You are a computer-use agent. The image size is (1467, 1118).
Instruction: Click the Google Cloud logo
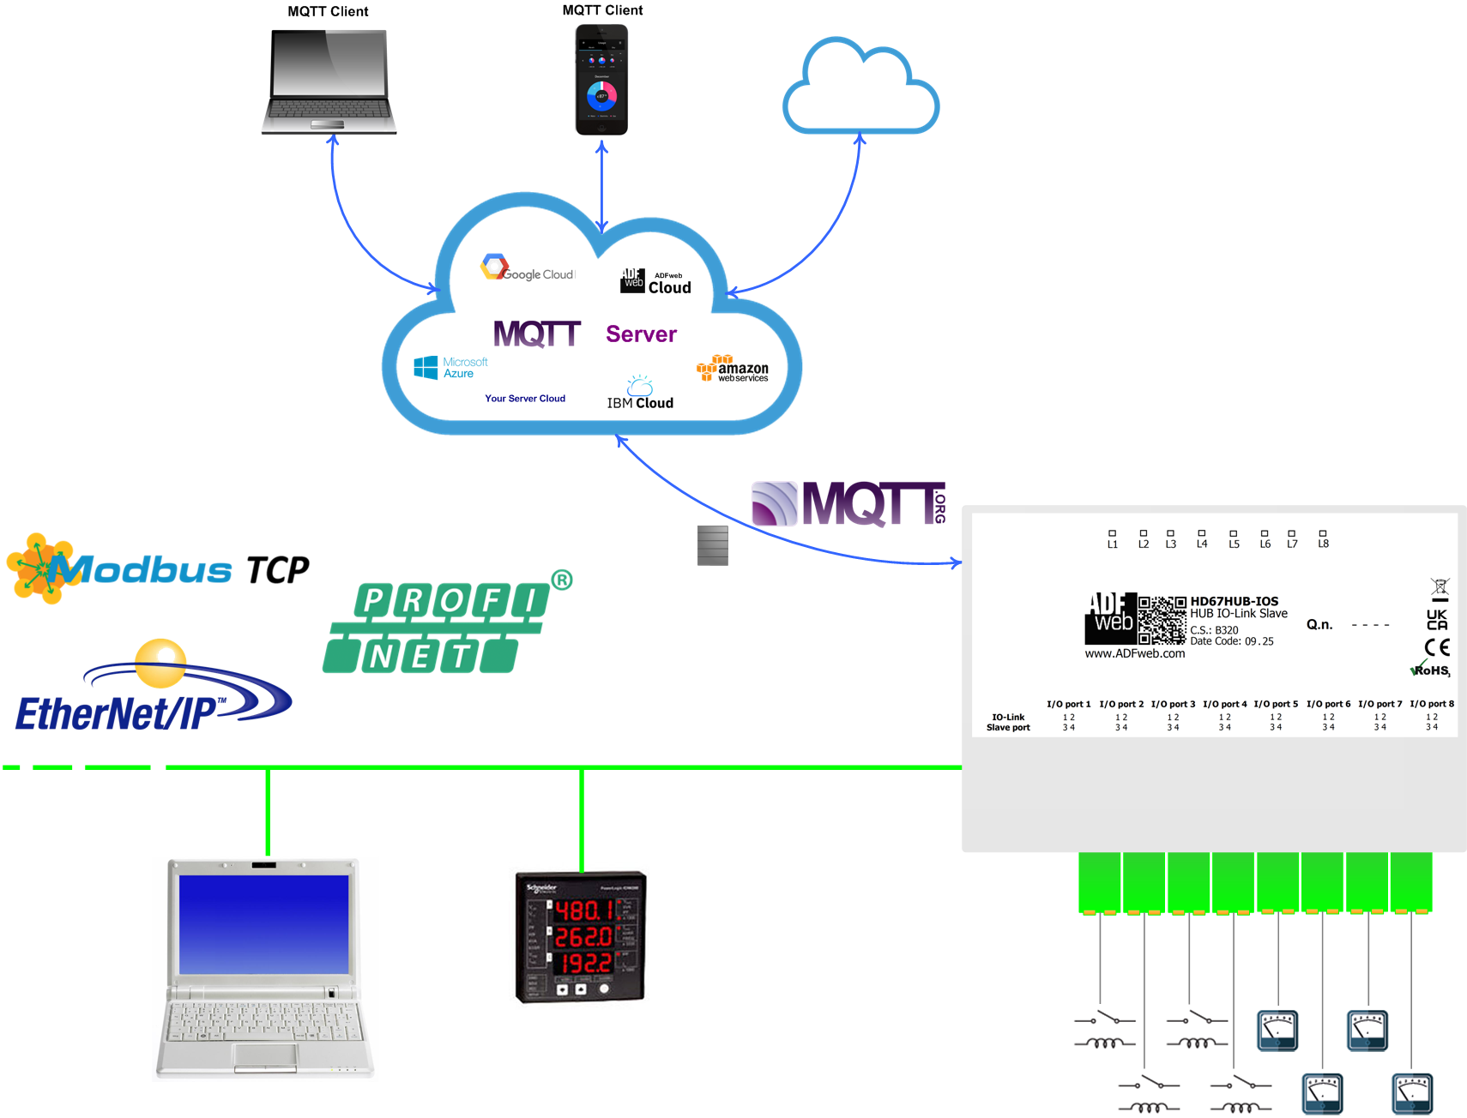tap(527, 268)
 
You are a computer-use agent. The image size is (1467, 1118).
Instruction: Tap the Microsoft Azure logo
tap(450, 368)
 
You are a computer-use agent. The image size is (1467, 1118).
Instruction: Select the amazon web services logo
tap(733, 369)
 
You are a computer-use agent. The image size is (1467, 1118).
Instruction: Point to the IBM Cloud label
tap(640, 402)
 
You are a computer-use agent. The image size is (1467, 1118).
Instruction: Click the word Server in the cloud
tap(641, 334)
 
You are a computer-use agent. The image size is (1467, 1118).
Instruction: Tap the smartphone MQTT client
tap(601, 80)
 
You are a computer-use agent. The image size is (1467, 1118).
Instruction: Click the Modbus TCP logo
tap(158, 569)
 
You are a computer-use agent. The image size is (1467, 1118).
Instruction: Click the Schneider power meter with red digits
tap(580, 937)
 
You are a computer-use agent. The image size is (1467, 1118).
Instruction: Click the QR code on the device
tap(1162, 620)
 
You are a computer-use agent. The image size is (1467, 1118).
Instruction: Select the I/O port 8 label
tap(1432, 704)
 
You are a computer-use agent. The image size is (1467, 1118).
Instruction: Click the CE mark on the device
tap(1437, 647)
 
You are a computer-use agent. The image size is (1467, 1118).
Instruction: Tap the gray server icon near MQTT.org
tap(713, 545)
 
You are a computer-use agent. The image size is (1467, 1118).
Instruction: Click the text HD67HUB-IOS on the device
tap(1234, 601)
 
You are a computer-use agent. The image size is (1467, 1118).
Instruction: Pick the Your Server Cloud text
tap(525, 399)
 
